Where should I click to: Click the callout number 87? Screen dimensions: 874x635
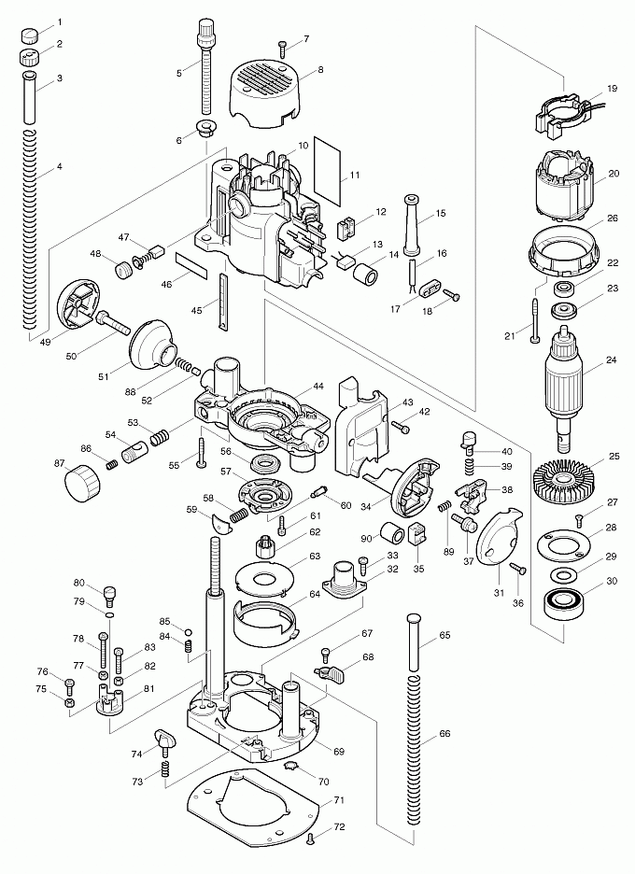click(x=60, y=463)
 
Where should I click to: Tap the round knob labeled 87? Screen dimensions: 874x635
click(x=80, y=484)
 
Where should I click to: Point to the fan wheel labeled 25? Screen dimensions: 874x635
click(x=564, y=480)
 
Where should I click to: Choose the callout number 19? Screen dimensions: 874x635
click(x=613, y=89)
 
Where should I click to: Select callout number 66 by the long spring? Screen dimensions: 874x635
click(x=444, y=734)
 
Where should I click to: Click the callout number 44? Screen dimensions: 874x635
click(x=318, y=386)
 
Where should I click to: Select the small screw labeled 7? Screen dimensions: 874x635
click(x=281, y=44)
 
